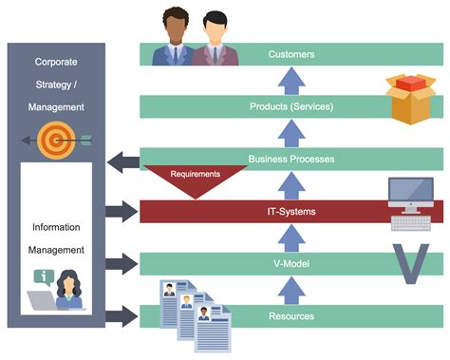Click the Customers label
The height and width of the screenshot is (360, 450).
coord(291,55)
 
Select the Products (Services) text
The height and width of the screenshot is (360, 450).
coord(291,106)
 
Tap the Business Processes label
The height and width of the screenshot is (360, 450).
coord(291,159)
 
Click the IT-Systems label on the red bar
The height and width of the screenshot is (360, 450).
coord(291,211)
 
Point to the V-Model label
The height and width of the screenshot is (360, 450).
coord(291,263)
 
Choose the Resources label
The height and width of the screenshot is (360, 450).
coord(291,315)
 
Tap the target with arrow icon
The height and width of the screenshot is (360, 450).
coord(57,140)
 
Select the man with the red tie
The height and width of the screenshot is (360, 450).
coord(216,41)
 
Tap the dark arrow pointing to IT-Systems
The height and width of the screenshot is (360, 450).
coord(122,211)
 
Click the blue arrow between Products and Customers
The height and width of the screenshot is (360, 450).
coord(291,81)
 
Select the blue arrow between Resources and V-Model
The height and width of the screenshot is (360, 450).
coord(291,290)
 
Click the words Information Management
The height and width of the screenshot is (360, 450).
coord(56,238)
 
